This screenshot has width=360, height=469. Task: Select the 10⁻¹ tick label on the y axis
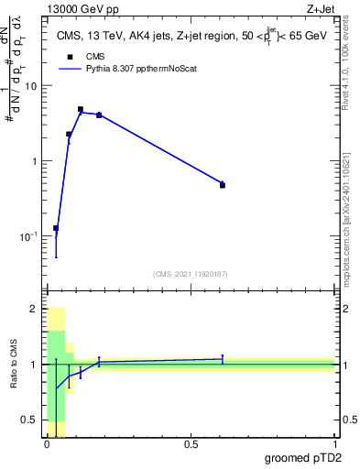(x=27, y=236)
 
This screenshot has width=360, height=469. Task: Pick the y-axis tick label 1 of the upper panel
(x=35, y=161)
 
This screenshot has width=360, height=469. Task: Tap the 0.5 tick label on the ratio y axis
(x=29, y=420)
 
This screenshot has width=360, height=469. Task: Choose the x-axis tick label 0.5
(x=191, y=445)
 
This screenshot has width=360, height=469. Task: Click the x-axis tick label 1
(x=334, y=445)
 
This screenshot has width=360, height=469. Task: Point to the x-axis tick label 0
(x=47, y=445)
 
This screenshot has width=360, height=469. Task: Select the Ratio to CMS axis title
(x=15, y=365)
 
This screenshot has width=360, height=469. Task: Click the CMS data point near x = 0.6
(x=223, y=185)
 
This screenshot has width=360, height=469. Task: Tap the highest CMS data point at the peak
(x=81, y=109)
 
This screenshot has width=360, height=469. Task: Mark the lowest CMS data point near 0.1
(x=55, y=228)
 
